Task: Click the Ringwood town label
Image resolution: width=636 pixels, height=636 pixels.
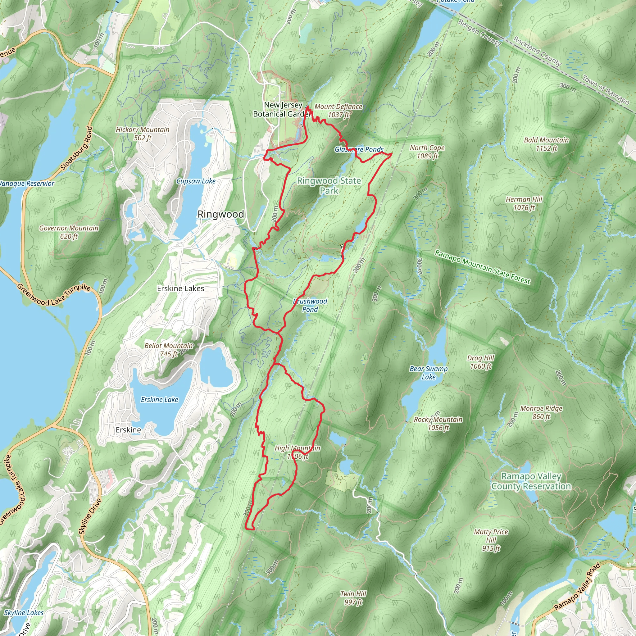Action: [x=220, y=214]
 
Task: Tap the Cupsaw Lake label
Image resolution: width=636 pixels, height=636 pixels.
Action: [x=196, y=181]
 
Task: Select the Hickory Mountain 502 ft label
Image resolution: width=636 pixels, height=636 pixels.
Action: [x=143, y=134]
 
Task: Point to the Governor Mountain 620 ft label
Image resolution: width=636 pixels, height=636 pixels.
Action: [x=69, y=232]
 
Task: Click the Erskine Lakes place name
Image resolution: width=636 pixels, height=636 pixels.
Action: [x=180, y=289]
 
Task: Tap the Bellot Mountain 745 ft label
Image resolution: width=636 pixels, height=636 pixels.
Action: [x=169, y=350]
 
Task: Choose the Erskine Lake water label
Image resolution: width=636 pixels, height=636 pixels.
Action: [x=159, y=400]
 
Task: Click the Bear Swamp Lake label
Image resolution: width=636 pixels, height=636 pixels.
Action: [x=429, y=373]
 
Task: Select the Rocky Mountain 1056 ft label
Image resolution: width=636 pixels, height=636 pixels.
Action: [x=438, y=423]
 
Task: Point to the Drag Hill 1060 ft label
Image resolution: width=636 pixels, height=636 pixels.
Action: [x=481, y=362]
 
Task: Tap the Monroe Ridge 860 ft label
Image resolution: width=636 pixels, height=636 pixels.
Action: [x=541, y=412]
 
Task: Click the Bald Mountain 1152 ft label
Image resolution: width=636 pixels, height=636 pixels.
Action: [x=547, y=144]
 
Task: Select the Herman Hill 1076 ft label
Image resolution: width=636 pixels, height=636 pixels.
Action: [x=524, y=203]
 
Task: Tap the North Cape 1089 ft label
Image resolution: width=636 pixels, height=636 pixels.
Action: [x=427, y=152]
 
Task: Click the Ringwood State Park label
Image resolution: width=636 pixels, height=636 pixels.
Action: [x=329, y=186]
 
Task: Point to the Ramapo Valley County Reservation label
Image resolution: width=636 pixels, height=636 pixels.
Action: [x=531, y=481]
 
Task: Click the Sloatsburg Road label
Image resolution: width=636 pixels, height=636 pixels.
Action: [x=77, y=148]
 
